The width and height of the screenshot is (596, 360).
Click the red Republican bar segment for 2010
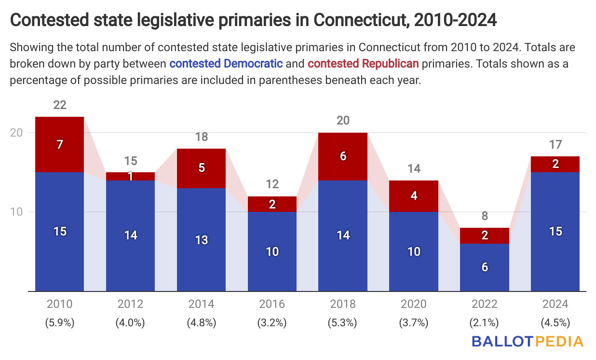click(x=60, y=144)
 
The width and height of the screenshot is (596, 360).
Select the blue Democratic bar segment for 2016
click(x=272, y=251)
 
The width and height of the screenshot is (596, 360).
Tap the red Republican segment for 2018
click(x=343, y=156)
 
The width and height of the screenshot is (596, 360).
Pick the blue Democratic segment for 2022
click(x=485, y=267)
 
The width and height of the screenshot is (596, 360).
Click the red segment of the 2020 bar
click(x=414, y=196)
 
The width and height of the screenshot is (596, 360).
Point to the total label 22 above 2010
click(x=60, y=105)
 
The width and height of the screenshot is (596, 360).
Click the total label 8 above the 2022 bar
click(x=485, y=216)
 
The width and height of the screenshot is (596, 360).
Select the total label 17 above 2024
click(x=555, y=144)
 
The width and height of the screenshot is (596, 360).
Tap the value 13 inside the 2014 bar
click(x=202, y=239)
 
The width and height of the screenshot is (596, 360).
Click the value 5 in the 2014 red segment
click(x=202, y=168)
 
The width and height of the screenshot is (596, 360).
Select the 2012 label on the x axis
click(x=131, y=304)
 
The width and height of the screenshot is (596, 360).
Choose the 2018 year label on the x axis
click(x=343, y=304)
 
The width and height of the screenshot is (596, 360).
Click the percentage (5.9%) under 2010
click(x=60, y=323)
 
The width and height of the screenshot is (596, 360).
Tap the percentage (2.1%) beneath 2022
click(x=485, y=323)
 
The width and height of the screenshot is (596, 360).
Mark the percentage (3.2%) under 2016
click(x=272, y=323)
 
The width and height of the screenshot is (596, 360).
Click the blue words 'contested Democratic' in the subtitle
click(x=226, y=63)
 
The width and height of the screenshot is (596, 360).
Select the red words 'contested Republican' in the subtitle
click(x=363, y=63)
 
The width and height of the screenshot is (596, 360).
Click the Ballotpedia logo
click(x=527, y=342)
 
